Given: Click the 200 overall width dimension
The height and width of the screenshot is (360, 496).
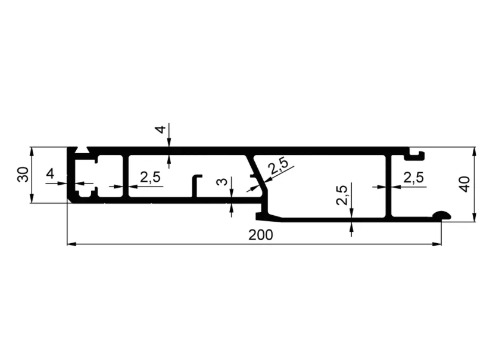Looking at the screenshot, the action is [260, 235].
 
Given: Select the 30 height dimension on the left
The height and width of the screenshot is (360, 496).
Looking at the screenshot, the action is [23, 175].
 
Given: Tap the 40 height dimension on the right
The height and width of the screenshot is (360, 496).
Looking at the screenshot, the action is [464, 184].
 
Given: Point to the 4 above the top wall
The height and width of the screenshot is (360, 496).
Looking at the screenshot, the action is [161, 129].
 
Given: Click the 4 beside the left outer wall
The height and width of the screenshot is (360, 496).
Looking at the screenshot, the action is [50, 174].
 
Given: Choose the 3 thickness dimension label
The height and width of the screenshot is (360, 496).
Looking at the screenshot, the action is [223, 182].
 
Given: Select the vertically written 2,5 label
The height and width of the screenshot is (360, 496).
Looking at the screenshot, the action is [342, 195].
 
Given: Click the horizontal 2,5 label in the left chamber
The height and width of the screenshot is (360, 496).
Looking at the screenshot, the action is [150, 177].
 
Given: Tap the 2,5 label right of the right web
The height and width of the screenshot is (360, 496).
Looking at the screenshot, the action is [413, 177].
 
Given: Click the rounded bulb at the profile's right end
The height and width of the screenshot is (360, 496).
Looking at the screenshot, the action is [442, 215].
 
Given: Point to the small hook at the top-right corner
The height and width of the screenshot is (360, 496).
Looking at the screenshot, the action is [417, 155].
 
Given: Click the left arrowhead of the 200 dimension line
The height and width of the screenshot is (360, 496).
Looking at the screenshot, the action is [71, 244].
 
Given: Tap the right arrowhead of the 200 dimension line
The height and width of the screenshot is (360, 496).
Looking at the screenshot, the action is [437, 244].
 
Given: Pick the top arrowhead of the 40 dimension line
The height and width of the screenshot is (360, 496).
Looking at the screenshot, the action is [474, 151].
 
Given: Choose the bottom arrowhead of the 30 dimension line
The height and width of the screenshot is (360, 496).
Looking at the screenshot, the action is [31, 198].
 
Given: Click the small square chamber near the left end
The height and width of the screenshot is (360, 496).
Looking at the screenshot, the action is [110, 176].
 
